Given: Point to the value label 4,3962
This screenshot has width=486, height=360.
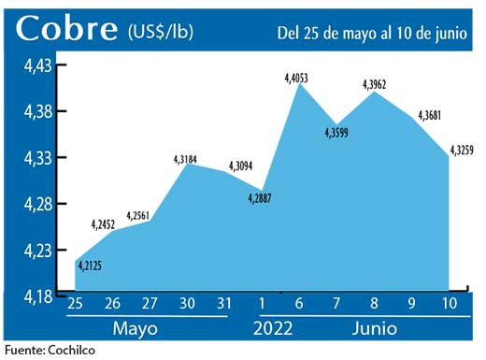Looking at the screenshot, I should [x=374, y=85].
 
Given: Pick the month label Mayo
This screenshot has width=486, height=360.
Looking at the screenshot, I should [x=135, y=330].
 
